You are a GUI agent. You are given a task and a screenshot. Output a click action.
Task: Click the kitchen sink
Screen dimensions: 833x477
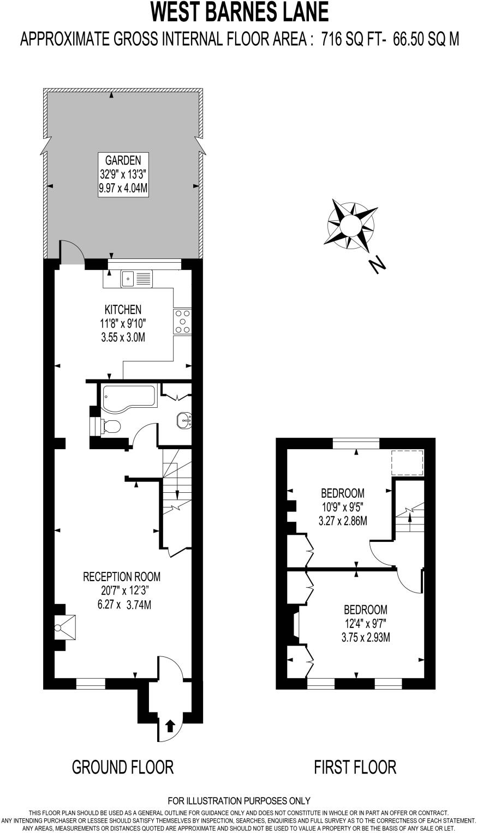pyautogui.click(x=136, y=279)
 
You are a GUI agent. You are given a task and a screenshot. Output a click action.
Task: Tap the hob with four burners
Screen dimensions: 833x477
pyautogui.click(x=182, y=321)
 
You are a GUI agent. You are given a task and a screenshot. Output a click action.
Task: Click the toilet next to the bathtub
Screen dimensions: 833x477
pyautogui.click(x=109, y=426)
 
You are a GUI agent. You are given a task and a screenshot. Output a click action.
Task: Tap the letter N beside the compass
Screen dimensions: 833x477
pyautogui.click(x=377, y=265)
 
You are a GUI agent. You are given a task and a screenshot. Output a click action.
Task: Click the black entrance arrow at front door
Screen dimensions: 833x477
pyautogui.click(x=170, y=726)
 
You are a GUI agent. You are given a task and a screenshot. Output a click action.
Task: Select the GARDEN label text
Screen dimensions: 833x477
pyautogui.click(x=123, y=160)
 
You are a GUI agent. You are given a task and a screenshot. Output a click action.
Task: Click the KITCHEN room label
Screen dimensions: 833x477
pyautogui.click(x=123, y=310)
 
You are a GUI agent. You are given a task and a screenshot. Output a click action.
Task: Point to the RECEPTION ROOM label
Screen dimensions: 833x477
pyautogui.click(x=122, y=576)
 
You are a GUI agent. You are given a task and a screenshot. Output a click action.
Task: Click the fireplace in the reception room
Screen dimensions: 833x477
pyautogui.click(x=64, y=627)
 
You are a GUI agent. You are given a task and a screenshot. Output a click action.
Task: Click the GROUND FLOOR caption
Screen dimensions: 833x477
pyautogui.click(x=123, y=767)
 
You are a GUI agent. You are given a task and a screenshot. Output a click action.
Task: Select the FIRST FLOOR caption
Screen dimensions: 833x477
pyautogui.click(x=355, y=767)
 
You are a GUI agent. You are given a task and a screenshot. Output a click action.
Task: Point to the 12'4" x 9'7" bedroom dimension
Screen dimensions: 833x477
pyautogui.click(x=365, y=623)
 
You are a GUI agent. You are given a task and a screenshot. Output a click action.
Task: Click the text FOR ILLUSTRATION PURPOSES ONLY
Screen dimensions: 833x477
pyautogui.click(x=239, y=801)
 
